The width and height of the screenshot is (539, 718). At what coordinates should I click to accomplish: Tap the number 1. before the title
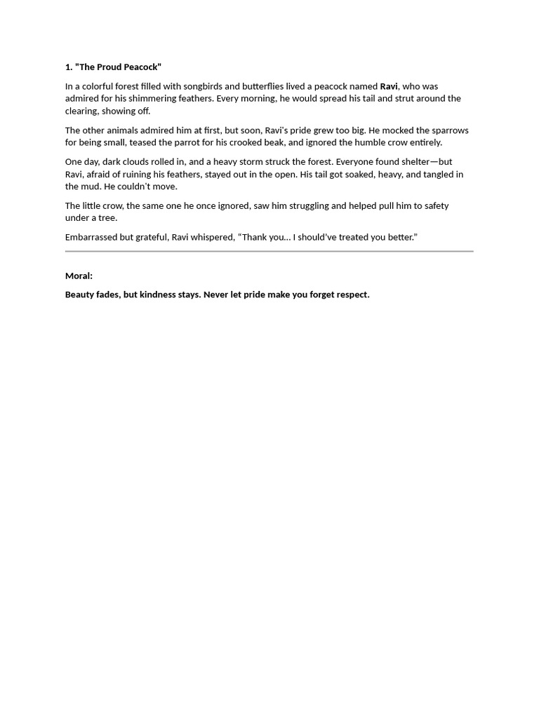pos(69,67)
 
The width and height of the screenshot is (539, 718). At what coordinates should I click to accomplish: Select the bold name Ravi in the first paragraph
pos(389,87)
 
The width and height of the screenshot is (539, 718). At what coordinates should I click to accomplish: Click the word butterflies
pos(262,87)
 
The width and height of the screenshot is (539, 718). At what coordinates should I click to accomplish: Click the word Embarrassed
pos(91,237)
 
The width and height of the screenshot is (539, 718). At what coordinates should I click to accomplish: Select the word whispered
pos(210,237)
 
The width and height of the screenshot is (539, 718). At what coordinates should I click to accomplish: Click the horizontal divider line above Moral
pos(269,250)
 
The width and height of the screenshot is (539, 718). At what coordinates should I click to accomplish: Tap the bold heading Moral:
pos(79,276)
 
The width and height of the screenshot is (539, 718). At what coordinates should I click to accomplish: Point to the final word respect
pos(351,294)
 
